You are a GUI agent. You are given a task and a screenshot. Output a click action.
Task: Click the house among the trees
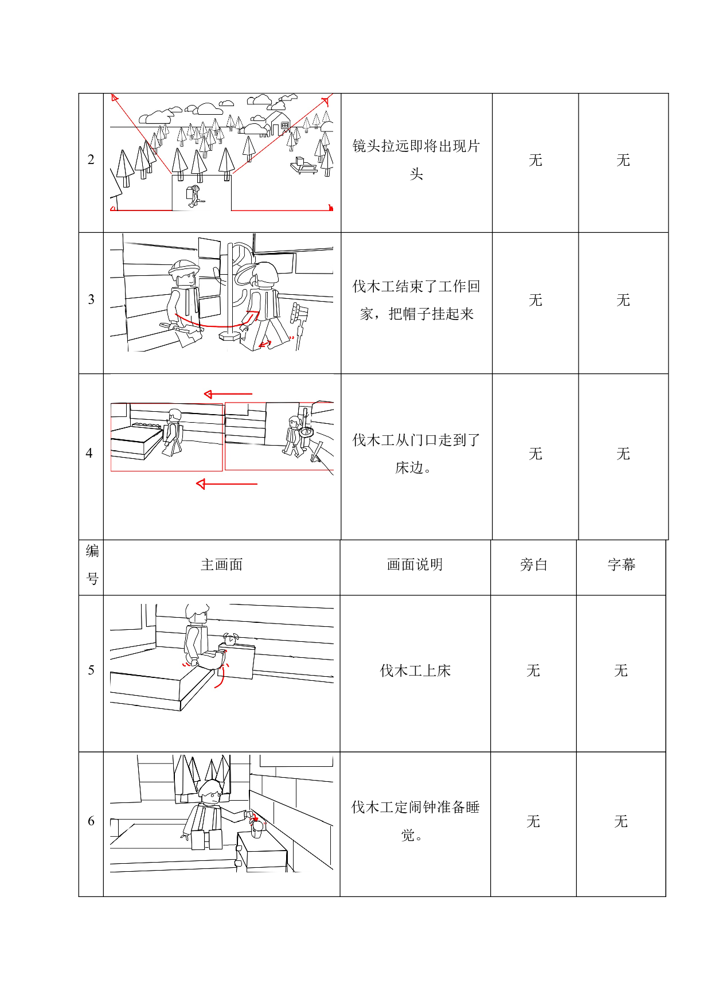[278, 123]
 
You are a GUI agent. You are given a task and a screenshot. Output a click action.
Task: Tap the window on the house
[284, 125]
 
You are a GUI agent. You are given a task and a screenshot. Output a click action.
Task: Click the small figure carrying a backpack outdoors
[194, 196]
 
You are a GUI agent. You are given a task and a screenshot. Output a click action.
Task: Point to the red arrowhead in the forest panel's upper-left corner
[115, 98]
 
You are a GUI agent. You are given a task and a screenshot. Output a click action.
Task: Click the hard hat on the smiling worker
[183, 267]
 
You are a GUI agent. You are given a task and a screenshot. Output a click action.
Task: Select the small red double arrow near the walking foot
[265, 344]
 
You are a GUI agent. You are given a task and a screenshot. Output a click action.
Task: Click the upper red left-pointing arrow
[228, 394]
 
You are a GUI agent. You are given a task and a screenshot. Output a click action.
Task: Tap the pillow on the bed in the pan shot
[146, 426]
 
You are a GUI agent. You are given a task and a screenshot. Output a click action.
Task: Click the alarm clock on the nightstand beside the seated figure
[231, 640]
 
